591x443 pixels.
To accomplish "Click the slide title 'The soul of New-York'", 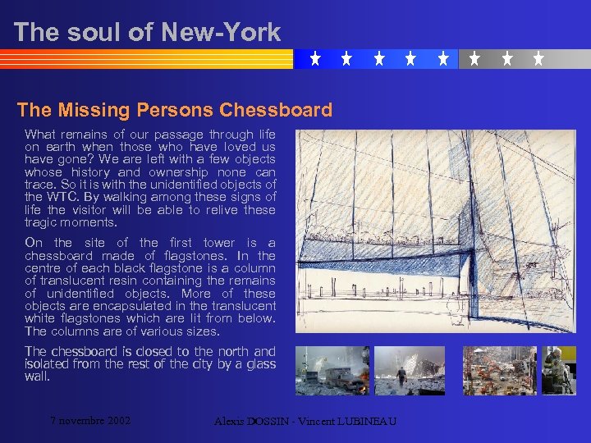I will coord(147,32).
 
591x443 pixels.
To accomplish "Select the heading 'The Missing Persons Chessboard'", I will coord(175,110).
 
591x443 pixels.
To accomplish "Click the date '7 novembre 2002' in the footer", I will coord(90,421).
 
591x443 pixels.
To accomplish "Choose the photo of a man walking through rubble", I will coord(410,371).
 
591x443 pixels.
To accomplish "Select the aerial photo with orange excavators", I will coord(498,371).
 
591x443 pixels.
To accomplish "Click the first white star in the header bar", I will coord(315,59).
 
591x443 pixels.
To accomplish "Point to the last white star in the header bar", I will coord(538,59).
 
